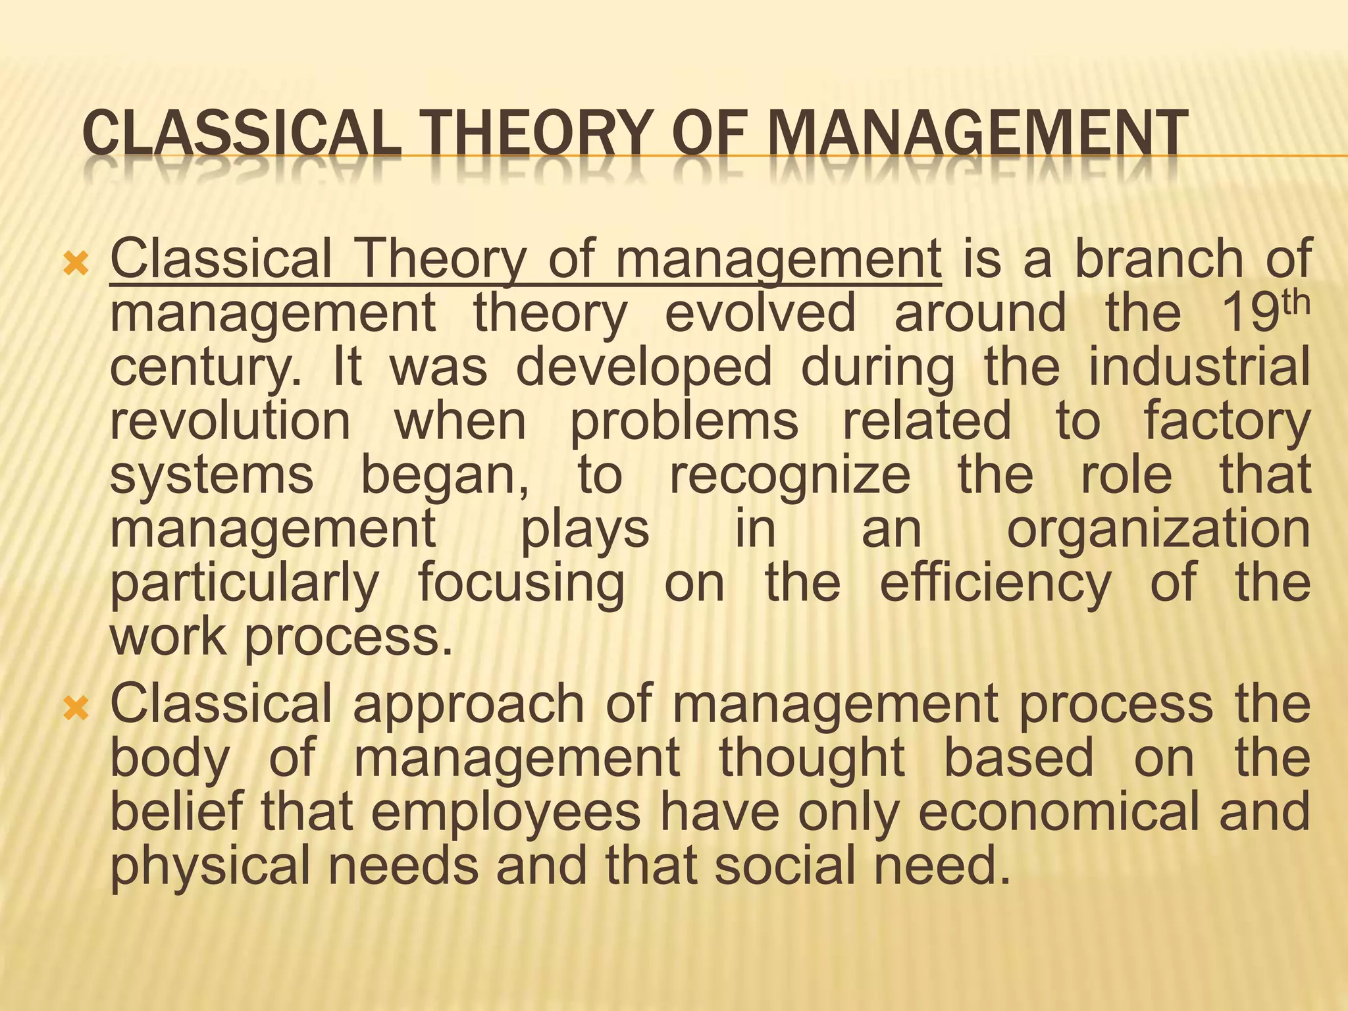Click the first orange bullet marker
coord(76,265)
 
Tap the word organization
coord(1158,531)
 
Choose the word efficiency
coord(995,584)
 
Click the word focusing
coord(521,584)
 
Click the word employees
coord(505,812)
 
